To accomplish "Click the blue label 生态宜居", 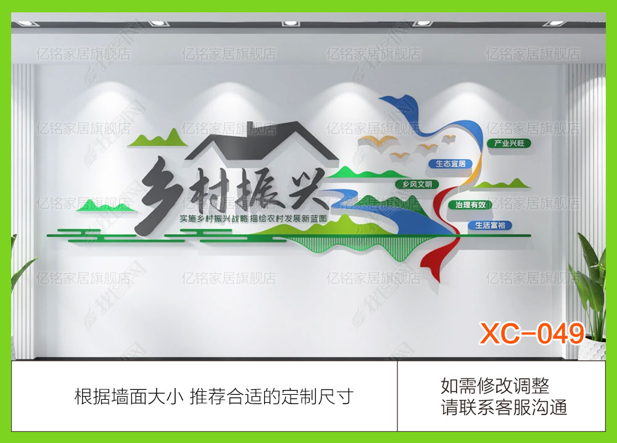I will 449,164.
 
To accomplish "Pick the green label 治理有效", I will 471,204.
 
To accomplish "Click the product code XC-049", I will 532,334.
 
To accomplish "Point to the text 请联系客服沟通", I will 503,408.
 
